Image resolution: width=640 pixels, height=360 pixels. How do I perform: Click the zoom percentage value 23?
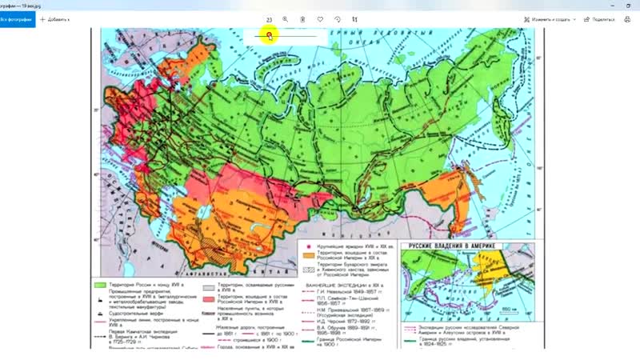(x=270, y=18)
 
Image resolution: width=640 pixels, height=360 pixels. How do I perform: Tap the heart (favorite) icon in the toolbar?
(x=320, y=18)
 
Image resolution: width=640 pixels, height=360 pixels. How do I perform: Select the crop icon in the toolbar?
(x=355, y=18)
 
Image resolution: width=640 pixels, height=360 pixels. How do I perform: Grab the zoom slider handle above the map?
(x=270, y=35)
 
